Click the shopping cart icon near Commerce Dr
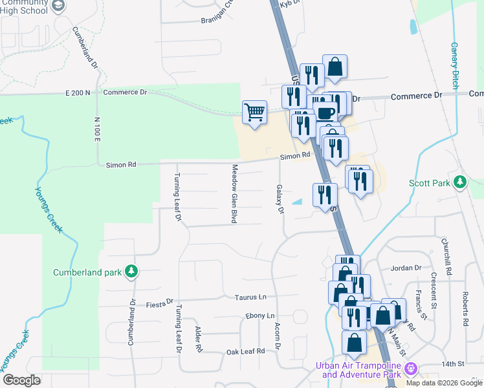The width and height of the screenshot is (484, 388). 254,113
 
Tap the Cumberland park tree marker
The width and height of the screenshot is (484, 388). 131,272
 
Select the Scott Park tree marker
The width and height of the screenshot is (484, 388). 460,183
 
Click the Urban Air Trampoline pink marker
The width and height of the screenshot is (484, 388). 410,370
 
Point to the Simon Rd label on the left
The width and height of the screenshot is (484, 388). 121,165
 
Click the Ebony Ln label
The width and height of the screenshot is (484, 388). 259,316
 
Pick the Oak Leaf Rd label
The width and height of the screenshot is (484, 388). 246,351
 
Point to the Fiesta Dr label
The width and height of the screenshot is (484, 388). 160,302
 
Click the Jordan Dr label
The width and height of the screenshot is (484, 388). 406,268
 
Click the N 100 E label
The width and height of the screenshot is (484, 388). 97,129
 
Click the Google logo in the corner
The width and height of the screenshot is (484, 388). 21,380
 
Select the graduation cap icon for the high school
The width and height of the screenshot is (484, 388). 57,6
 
